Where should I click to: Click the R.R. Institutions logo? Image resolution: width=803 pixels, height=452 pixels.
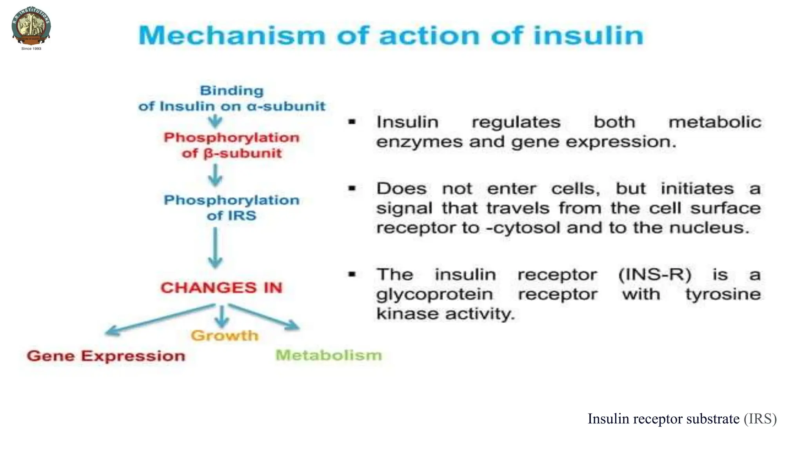(x=31, y=26)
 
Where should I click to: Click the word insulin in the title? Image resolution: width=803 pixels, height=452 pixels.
(x=588, y=35)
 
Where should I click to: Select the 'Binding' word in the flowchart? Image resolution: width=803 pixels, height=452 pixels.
(x=232, y=91)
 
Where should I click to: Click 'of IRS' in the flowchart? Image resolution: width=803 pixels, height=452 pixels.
(x=231, y=215)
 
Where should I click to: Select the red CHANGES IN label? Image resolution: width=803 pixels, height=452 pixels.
(x=222, y=288)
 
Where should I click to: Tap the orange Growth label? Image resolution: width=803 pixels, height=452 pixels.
(x=225, y=335)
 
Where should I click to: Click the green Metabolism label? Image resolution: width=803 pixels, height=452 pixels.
(x=329, y=355)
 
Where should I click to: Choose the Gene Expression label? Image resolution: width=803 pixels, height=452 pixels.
(x=106, y=356)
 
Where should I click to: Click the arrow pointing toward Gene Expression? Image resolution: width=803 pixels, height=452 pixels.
(x=157, y=319)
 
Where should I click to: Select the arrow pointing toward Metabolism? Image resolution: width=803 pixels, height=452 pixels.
(x=267, y=317)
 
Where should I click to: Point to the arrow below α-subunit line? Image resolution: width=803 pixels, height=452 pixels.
(x=215, y=121)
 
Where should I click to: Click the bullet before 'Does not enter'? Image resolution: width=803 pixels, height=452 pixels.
(x=352, y=189)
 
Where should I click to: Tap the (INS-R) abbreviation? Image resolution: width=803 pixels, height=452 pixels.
(x=654, y=274)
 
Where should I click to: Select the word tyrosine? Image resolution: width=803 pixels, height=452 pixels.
(x=723, y=294)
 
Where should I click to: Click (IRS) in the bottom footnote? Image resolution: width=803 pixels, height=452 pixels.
(x=760, y=419)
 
